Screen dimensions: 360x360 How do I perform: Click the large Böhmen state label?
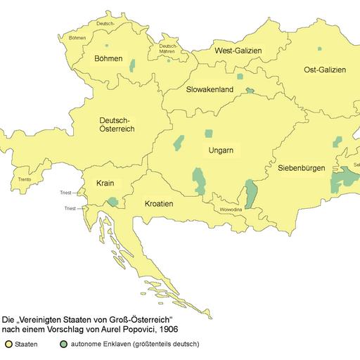pos(109,58)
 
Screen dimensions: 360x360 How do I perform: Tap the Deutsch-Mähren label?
pos(169,49)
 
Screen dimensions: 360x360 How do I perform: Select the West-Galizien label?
pos(237,51)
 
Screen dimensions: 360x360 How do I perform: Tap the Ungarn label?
pos(221,150)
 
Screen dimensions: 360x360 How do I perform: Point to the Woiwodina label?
pos(231,209)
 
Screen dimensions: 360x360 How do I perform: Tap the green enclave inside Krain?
pos(112,202)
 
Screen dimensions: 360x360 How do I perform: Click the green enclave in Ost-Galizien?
pos(319,49)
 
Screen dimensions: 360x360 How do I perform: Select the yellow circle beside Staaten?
pos(9,344)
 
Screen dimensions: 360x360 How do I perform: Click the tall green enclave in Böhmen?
pos(133,66)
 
